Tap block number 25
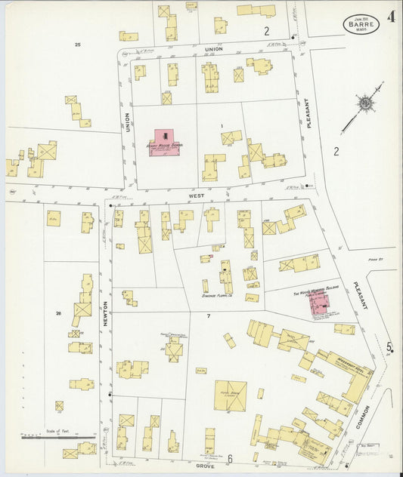coord(77,45)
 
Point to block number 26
coord(57,312)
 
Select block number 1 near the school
coord(222,125)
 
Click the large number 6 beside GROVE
coord(230,458)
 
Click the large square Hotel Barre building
coord(230,395)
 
